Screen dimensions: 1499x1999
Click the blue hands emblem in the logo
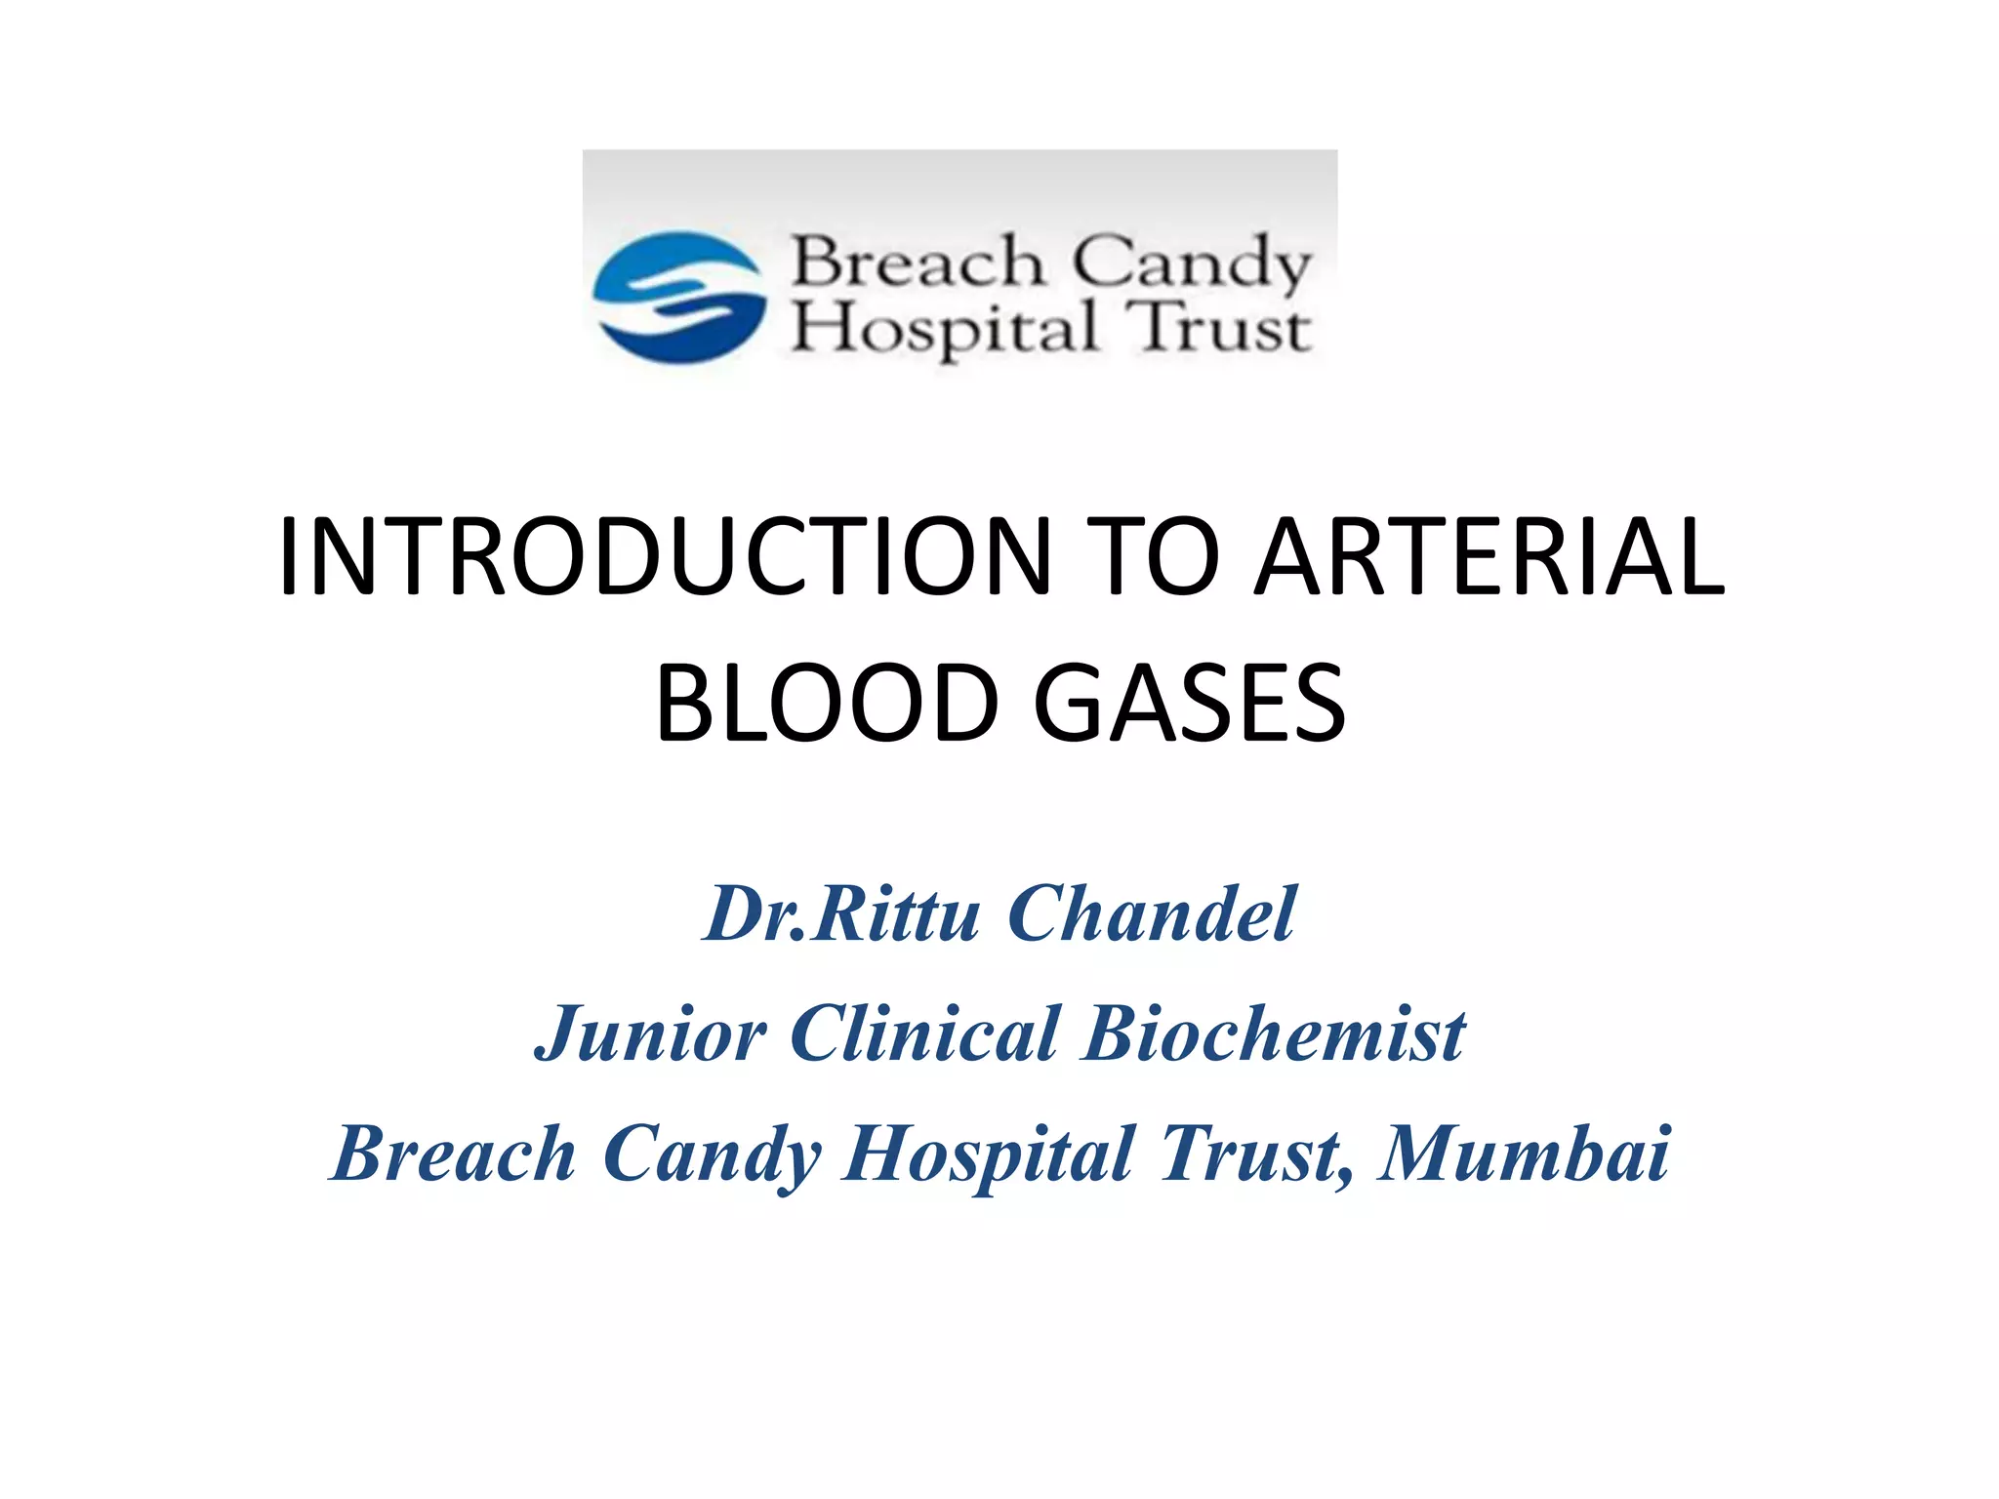click(x=679, y=297)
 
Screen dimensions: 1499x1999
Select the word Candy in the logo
click(x=1193, y=263)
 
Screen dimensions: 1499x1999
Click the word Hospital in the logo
click(x=944, y=328)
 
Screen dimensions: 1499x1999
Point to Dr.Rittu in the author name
click(x=840, y=914)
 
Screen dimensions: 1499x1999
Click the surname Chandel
click(x=1152, y=914)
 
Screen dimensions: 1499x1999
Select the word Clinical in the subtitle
click(x=924, y=1034)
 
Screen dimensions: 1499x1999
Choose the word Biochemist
click(x=1274, y=1034)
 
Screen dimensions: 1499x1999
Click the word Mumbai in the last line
click(x=1525, y=1155)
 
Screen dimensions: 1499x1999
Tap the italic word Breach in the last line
click(x=454, y=1155)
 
